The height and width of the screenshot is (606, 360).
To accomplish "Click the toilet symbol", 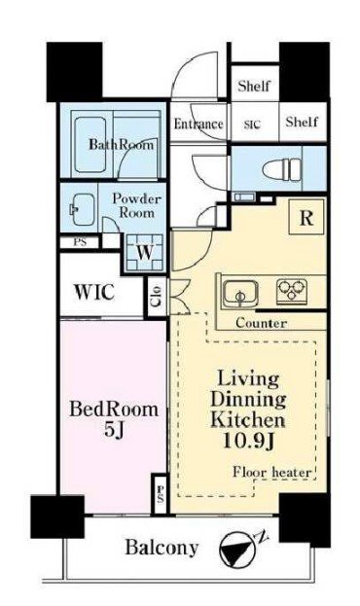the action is coord(281,169).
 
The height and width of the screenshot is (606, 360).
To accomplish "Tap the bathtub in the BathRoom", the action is coord(90,145).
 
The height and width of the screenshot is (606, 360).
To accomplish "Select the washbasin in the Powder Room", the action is coord(82,209).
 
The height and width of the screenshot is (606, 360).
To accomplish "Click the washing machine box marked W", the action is coord(145,252).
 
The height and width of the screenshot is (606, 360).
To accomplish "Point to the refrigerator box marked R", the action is coord(306,217).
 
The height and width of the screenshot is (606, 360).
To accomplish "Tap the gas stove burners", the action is coord(292,291).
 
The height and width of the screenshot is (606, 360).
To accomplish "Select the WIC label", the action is coord(94,292).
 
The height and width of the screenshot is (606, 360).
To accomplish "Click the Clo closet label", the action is coord(158,296).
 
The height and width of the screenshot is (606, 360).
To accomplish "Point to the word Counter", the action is coord(262,323).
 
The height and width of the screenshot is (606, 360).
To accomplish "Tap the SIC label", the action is coord(253,125).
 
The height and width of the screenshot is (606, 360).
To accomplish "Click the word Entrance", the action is coord(198,125).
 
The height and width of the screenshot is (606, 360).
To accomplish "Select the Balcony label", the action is coord(162,548).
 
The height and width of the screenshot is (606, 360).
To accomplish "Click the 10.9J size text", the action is coord(249,441).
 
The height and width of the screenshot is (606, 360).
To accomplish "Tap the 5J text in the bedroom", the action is coord(114,429).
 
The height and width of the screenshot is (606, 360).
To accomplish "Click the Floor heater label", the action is coord(272,472).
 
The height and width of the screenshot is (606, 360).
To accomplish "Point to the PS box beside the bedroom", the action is coord(161,495).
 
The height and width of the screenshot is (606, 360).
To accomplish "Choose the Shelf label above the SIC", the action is coord(254,86).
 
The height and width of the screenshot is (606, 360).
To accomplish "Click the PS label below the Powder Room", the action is coord(81,242).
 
